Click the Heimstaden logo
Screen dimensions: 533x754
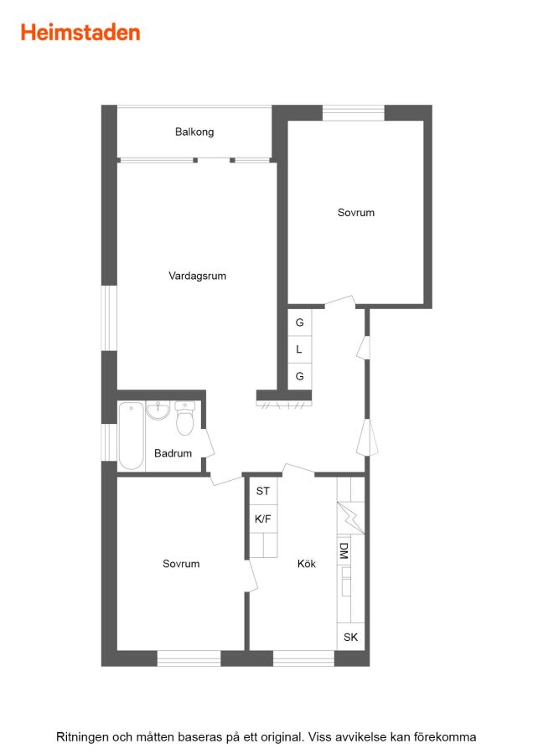click(80, 33)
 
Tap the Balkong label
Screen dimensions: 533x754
click(194, 132)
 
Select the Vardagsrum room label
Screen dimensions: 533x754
click(197, 276)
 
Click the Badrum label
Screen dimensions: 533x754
click(173, 453)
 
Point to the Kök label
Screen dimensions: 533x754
click(307, 564)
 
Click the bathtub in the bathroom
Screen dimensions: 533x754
click(131, 436)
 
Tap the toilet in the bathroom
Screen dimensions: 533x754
click(184, 418)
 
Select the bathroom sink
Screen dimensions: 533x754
click(158, 411)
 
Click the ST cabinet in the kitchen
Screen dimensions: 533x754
click(263, 490)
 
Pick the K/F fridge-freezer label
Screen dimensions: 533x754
click(262, 519)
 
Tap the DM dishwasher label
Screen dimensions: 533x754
click(344, 550)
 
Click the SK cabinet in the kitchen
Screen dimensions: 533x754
click(350, 637)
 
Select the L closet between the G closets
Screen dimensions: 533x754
click(299, 349)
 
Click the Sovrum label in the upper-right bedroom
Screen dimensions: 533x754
click(356, 213)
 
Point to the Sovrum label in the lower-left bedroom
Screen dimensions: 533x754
click(181, 564)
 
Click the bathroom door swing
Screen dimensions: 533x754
click(208, 442)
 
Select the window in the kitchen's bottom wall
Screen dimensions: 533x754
click(303, 658)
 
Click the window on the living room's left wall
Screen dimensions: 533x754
click(109, 318)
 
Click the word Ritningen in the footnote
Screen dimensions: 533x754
click(82, 737)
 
